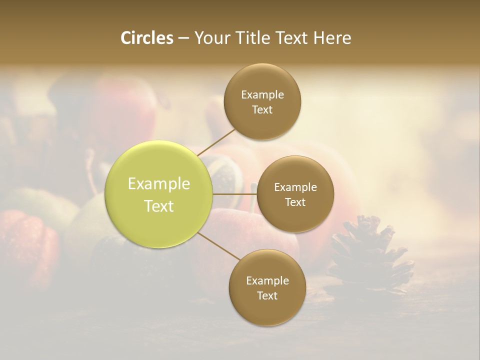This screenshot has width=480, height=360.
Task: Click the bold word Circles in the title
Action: [146, 38]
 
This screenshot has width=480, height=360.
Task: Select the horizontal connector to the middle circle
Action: [234, 194]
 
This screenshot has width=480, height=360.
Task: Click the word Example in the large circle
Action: [159, 184]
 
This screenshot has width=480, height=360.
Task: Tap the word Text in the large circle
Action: [159, 206]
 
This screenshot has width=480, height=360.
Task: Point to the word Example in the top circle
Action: [262, 95]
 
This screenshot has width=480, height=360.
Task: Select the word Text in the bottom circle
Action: [267, 296]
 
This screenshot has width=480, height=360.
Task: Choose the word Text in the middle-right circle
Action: [295, 202]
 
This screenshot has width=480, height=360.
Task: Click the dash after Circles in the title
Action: [183, 38]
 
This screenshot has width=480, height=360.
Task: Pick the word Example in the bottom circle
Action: [267, 281]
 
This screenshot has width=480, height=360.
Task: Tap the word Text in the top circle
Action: [262, 110]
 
